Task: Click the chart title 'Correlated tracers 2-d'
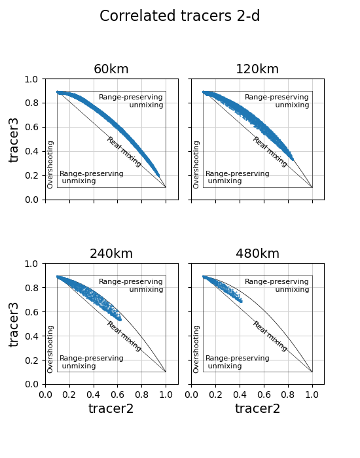(x=179, y=16)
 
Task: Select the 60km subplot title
(x=111, y=69)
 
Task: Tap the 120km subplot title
(x=257, y=69)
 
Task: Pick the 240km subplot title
(x=111, y=254)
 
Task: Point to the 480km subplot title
(x=257, y=254)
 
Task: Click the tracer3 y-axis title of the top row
(x=14, y=140)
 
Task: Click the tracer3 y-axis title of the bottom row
(x=14, y=325)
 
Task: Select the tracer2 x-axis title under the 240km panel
(x=111, y=408)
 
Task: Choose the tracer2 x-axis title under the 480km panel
(x=257, y=408)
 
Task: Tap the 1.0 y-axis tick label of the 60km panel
(x=31, y=79)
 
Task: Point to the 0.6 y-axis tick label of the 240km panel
(x=31, y=312)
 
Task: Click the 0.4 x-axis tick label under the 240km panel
(x=94, y=395)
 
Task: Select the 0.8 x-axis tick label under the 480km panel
(x=288, y=395)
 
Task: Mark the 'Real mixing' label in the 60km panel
(x=124, y=152)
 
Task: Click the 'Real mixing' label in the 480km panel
(x=270, y=336)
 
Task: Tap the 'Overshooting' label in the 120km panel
(x=196, y=165)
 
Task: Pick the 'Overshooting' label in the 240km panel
(x=50, y=349)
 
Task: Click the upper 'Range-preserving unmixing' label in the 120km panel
(x=277, y=101)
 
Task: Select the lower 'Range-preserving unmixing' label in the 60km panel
(x=92, y=177)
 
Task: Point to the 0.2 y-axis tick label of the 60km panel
(x=31, y=175)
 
